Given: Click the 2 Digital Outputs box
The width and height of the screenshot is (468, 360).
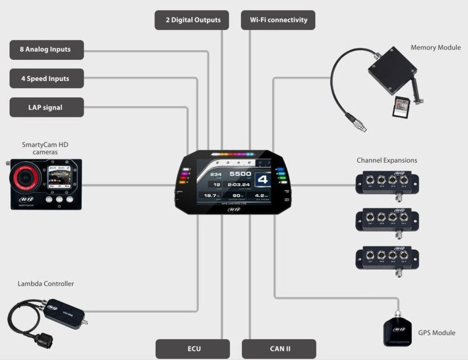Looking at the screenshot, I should point(192,20).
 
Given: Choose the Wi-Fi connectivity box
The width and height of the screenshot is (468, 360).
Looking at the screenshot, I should point(278,20).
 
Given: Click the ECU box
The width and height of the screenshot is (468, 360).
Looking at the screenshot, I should point(193,348).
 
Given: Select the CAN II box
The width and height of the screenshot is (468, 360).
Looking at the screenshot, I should point(278,348).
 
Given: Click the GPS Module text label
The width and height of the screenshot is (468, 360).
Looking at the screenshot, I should point(436,332).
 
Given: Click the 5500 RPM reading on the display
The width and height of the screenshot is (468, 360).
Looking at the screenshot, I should point(240,173).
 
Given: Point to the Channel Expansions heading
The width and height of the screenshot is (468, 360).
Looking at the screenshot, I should point(387,160).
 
